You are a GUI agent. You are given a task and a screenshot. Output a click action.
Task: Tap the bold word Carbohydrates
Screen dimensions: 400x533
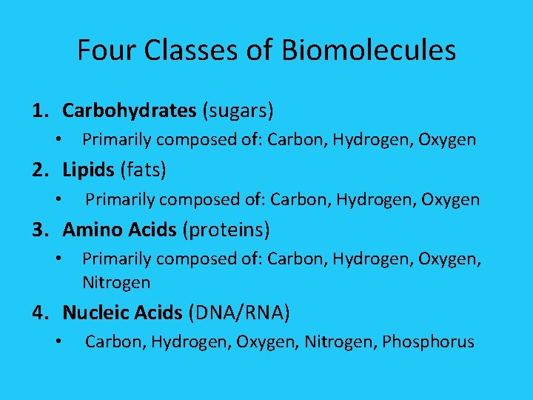click(x=129, y=111)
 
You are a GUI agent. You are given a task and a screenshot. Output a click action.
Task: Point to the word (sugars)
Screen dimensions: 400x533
click(x=238, y=111)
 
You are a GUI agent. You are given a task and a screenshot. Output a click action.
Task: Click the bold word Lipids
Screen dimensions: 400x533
click(x=88, y=170)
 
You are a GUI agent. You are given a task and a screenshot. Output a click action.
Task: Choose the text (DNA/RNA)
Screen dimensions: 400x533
click(x=239, y=313)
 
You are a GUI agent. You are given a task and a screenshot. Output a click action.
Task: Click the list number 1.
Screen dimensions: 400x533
click(x=39, y=111)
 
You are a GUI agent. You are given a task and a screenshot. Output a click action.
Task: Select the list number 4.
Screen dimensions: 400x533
click(x=39, y=313)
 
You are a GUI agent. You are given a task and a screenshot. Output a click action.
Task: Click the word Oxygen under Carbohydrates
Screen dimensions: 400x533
click(x=448, y=139)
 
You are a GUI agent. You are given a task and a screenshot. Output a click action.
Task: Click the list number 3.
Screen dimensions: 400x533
click(x=39, y=230)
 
